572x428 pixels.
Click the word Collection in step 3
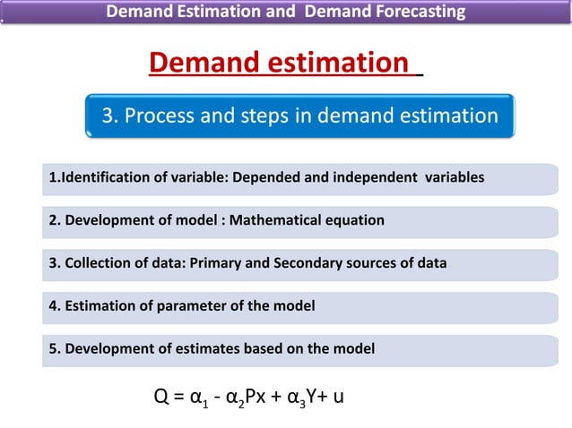pos(97,263)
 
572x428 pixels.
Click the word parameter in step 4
pos(190,306)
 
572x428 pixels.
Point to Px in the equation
pos(249,395)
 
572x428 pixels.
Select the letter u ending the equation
pos(337,396)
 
